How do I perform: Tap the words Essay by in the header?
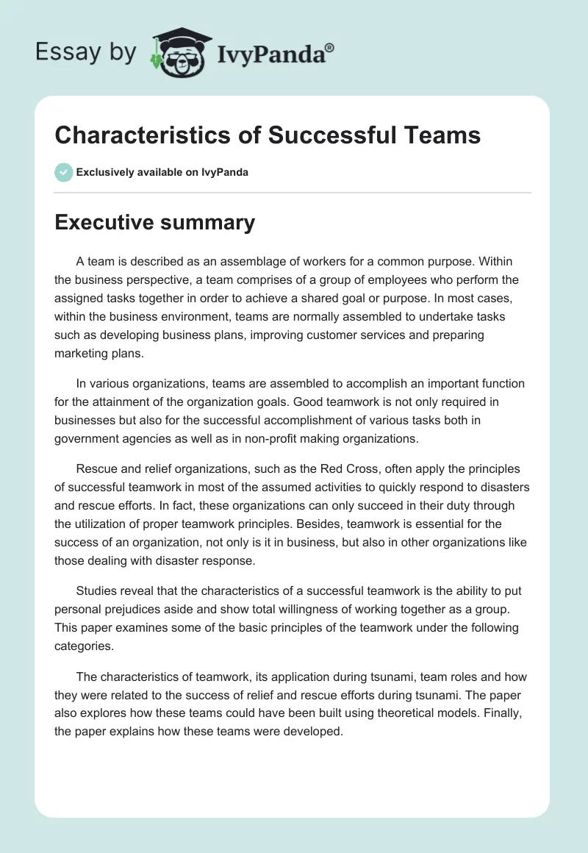86,51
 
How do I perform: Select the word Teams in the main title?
442,135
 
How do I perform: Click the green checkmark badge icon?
63,172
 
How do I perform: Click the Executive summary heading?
154,222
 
